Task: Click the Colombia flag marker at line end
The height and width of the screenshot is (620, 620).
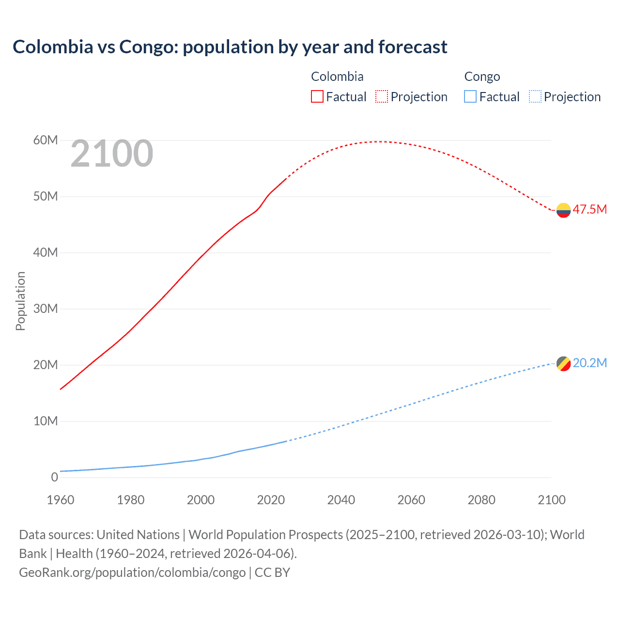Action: [x=563, y=210]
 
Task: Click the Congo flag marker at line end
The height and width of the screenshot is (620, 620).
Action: [x=563, y=363]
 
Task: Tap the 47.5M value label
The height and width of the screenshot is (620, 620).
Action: [x=589, y=209]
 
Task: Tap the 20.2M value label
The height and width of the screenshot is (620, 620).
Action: [x=589, y=363]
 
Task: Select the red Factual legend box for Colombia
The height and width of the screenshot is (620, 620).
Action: [x=317, y=96]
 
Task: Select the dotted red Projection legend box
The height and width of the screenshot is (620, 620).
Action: [x=382, y=96]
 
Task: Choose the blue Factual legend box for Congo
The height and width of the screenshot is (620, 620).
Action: [x=470, y=96]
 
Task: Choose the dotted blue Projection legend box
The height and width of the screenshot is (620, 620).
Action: [x=535, y=96]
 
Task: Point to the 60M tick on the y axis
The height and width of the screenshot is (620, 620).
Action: [x=46, y=140]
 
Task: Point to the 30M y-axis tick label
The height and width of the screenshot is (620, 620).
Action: [x=46, y=309]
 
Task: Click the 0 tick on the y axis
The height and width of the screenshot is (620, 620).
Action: [x=54, y=477]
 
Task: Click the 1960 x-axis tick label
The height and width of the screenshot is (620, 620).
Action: [x=61, y=500]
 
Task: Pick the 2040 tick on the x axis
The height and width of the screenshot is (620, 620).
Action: [x=341, y=500]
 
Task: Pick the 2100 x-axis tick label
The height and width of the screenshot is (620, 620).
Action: [x=551, y=500]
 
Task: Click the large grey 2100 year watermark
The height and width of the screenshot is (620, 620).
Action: [x=112, y=154]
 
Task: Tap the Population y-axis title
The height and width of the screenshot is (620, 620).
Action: [x=20, y=301]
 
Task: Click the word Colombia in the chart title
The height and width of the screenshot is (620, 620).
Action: [x=53, y=47]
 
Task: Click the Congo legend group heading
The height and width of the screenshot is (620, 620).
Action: [x=482, y=77]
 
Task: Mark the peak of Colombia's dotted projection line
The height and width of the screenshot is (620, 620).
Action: [x=380, y=141]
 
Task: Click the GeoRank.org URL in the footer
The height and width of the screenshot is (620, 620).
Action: [x=132, y=572]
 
